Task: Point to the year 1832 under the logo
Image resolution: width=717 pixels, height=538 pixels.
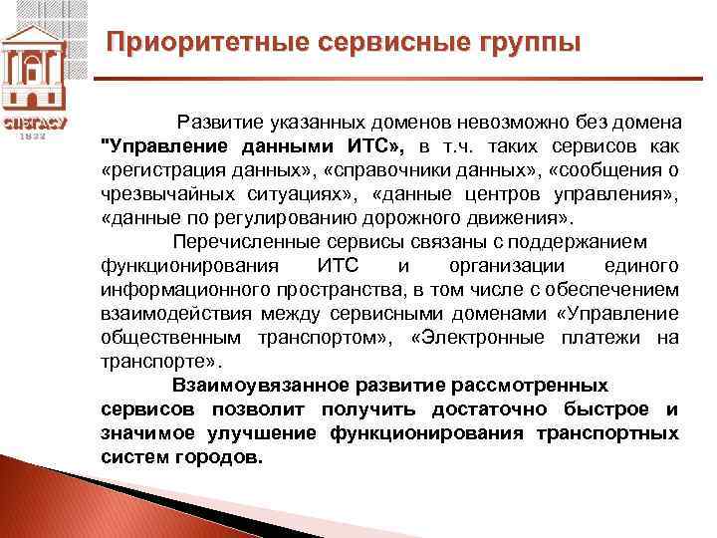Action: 36,136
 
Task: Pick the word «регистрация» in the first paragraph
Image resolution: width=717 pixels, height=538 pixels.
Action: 159,169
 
